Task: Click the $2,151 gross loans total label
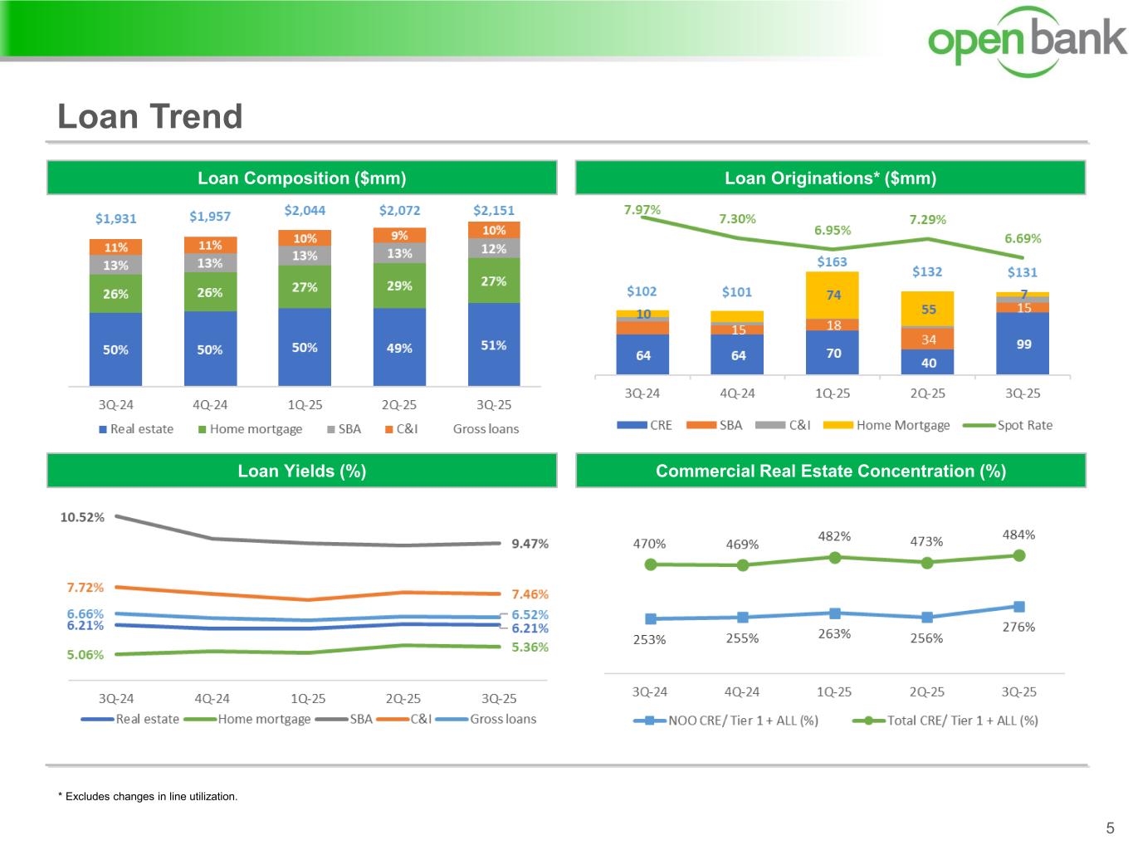494,210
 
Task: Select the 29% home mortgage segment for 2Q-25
399,286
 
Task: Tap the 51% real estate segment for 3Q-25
494,344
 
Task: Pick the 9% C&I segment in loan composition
399,236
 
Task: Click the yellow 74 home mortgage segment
833,295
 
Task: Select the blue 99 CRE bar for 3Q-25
1023,344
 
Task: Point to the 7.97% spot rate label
642,209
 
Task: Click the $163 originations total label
832,261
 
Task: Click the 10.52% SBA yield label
82,517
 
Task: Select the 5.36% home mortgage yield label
530,647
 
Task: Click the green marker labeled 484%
1019,555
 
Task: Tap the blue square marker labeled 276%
1019,607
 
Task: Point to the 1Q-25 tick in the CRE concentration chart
834,691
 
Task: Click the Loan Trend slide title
150,116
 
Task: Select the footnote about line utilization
148,797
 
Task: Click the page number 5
1110,828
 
